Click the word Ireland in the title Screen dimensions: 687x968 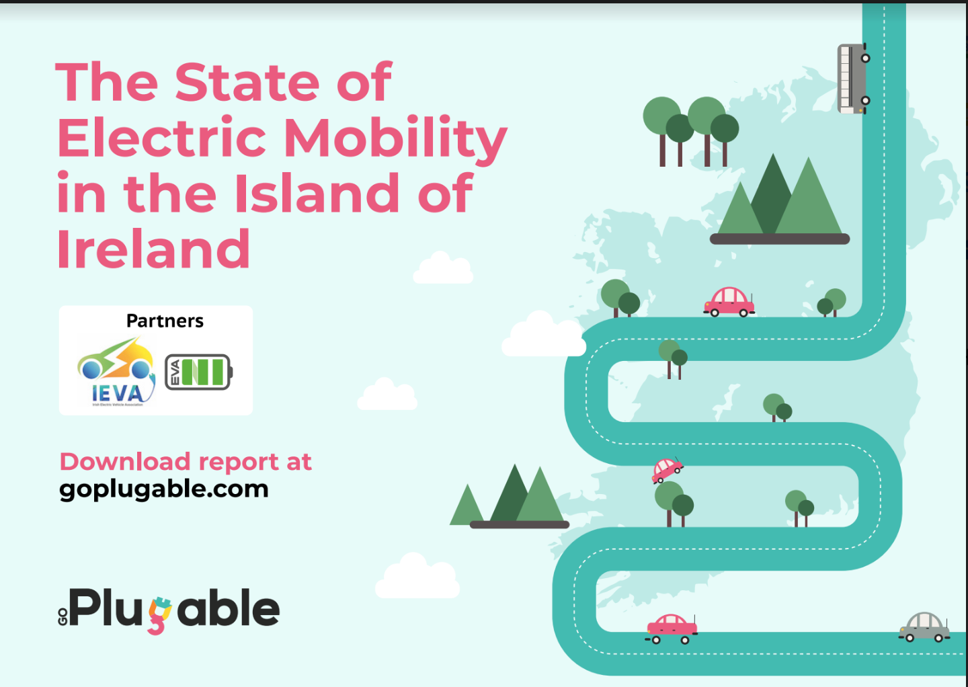(x=153, y=249)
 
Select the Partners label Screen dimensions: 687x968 (x=165, y=321)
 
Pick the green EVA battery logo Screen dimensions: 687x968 (x=198, y=372)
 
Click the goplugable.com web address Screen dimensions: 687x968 (x=164, y=489)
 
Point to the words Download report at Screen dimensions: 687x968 (x=186, y=462)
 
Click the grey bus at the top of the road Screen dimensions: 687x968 (x=852, y=79)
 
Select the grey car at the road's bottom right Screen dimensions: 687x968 (x=924, y=627)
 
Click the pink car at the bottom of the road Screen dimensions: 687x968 (x=671, y=629)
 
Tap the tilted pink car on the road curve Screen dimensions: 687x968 (x=666, y=469)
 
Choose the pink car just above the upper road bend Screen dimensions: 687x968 (x=729, y=302)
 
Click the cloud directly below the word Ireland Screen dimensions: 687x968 (x=443, y=269)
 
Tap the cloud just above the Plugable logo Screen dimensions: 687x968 (x=417, y=578)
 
